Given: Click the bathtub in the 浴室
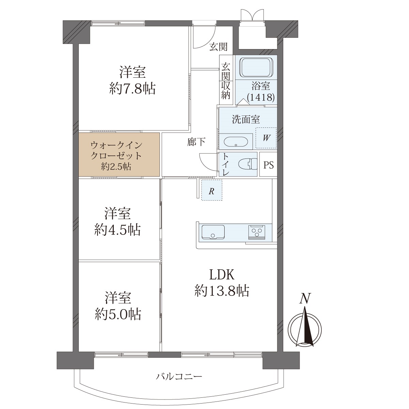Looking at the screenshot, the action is (256, 67).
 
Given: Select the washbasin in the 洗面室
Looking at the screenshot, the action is (236, 142).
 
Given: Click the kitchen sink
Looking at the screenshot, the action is (213, 232).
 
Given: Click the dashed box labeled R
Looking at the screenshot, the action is (212, 190).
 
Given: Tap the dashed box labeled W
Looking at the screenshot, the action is (266, 138).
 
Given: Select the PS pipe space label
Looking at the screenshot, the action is (269, 165).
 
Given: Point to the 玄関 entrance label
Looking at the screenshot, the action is (218, 47).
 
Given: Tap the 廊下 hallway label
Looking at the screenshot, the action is (196, 142).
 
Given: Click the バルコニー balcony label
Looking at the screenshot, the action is (179, 377).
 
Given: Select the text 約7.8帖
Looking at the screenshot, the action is (133, 89).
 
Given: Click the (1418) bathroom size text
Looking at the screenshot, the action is (261, 97).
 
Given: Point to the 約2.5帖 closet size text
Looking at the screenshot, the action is (116, 167).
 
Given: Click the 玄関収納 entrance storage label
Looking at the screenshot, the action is (226, 81).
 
